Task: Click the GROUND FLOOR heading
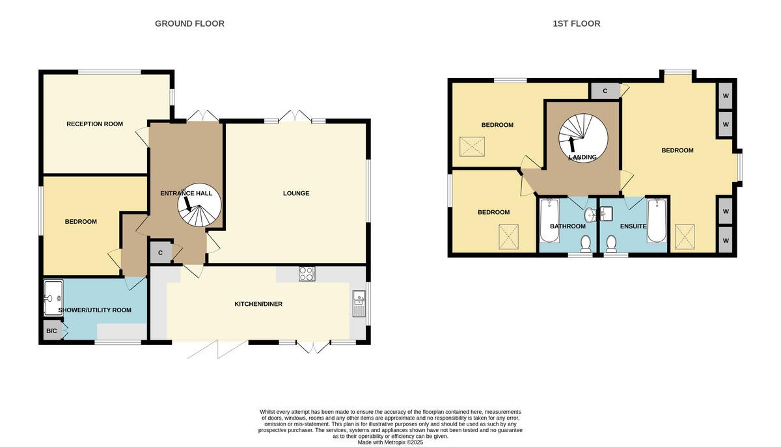click(x=189, y=23)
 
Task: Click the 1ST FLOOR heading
click(x=576, y=23)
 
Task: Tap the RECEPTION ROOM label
click(x=94, y=124)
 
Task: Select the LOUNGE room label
click(x=296, y=193)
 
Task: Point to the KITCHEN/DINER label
click(x=258, y=304)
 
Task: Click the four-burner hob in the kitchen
click(x=307, y=274)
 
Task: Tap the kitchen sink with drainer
click(x=359, y=304)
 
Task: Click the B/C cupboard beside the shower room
click(x=51, y=331)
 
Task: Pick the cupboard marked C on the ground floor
click(x=160, y=252)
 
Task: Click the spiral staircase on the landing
click(x=582, y=136)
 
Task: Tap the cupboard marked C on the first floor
click(x=605, y=90)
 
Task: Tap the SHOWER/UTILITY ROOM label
click(x=95, y=310)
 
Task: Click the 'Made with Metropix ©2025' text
click(x=390, y=442)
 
